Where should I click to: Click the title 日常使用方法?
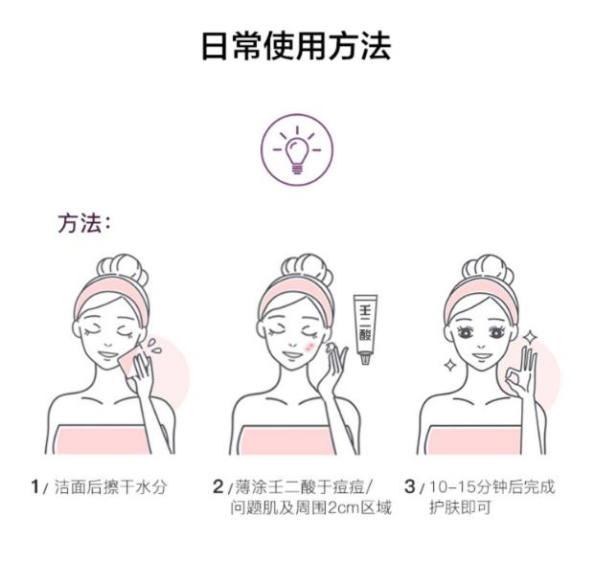point(296,46)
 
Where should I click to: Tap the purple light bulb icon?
point(297,150)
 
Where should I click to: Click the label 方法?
point(84,223)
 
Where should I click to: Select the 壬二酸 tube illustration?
point(365,328)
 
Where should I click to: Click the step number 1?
point(35,486)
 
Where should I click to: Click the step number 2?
point(218,486)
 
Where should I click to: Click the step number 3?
point(410,486)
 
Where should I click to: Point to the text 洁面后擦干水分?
point(110,487)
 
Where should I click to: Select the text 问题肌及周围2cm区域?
point(311,507)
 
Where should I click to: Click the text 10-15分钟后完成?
point(492,487)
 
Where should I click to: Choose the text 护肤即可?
point(460,507)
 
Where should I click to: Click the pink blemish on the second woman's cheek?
point(309,347)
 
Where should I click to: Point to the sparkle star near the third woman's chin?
point(450,365)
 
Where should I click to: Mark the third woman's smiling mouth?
point(482,356)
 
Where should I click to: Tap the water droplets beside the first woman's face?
point(154,346)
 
